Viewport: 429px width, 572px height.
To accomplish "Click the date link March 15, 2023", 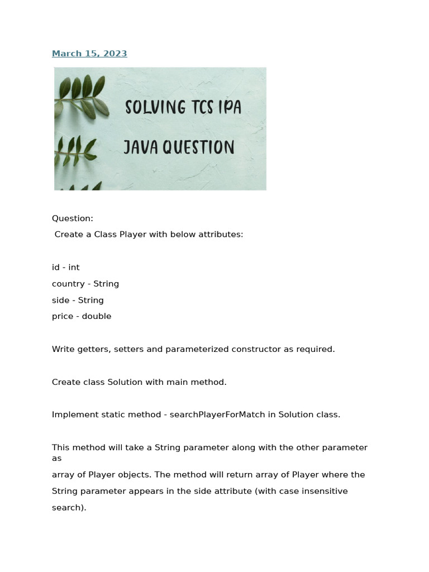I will (89, 54).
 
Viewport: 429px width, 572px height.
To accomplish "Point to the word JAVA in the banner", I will (141, 147).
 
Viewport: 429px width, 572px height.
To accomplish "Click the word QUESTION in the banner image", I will (198, 147).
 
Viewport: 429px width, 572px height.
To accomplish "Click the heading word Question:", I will (73, 218).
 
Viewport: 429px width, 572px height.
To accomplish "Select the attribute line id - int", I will (66, 268).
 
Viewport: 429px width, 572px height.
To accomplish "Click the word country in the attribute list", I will (67, 284).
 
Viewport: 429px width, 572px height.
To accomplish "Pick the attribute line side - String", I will (78, 300).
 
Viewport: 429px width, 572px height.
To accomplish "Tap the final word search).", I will (69, 508).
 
